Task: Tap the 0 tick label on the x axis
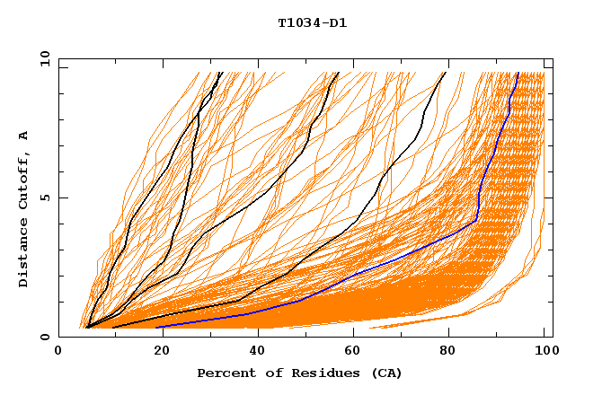pyautogui.click(x=59, y=352)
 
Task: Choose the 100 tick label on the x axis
pyautogui.click(x=545, y=352)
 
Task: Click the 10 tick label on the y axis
pyautogui.click(x=45, y=58)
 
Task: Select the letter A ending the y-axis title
pyautogui.click(x=24, y=136)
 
